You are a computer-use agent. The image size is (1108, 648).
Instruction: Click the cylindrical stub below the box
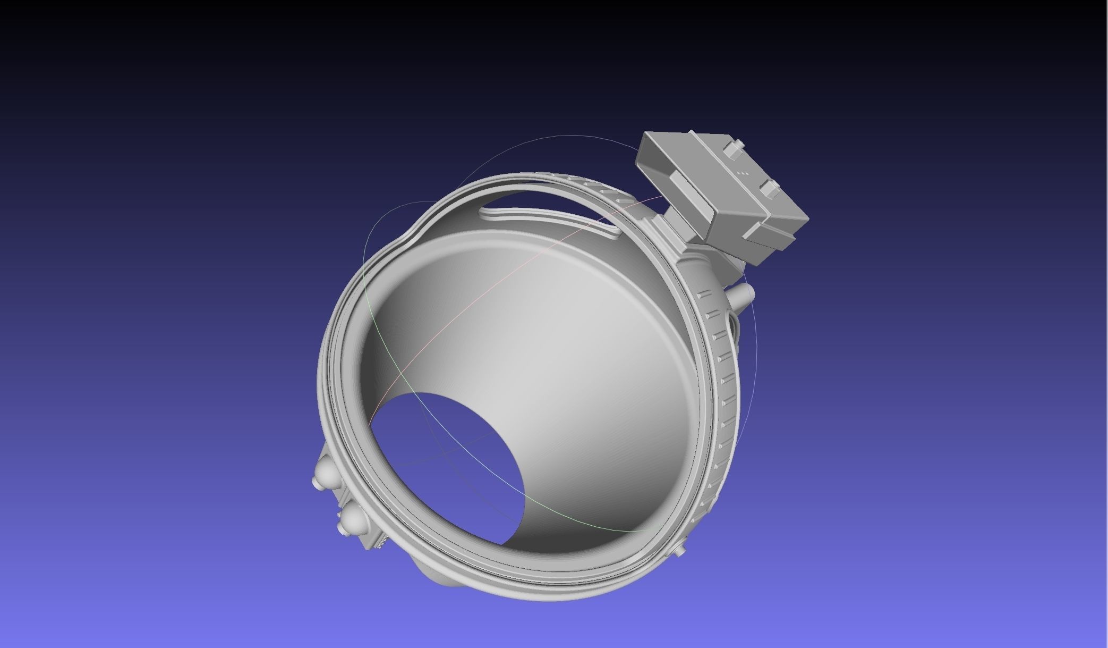tap(743, 293)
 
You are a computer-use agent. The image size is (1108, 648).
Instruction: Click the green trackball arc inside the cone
tap(584, 527)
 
